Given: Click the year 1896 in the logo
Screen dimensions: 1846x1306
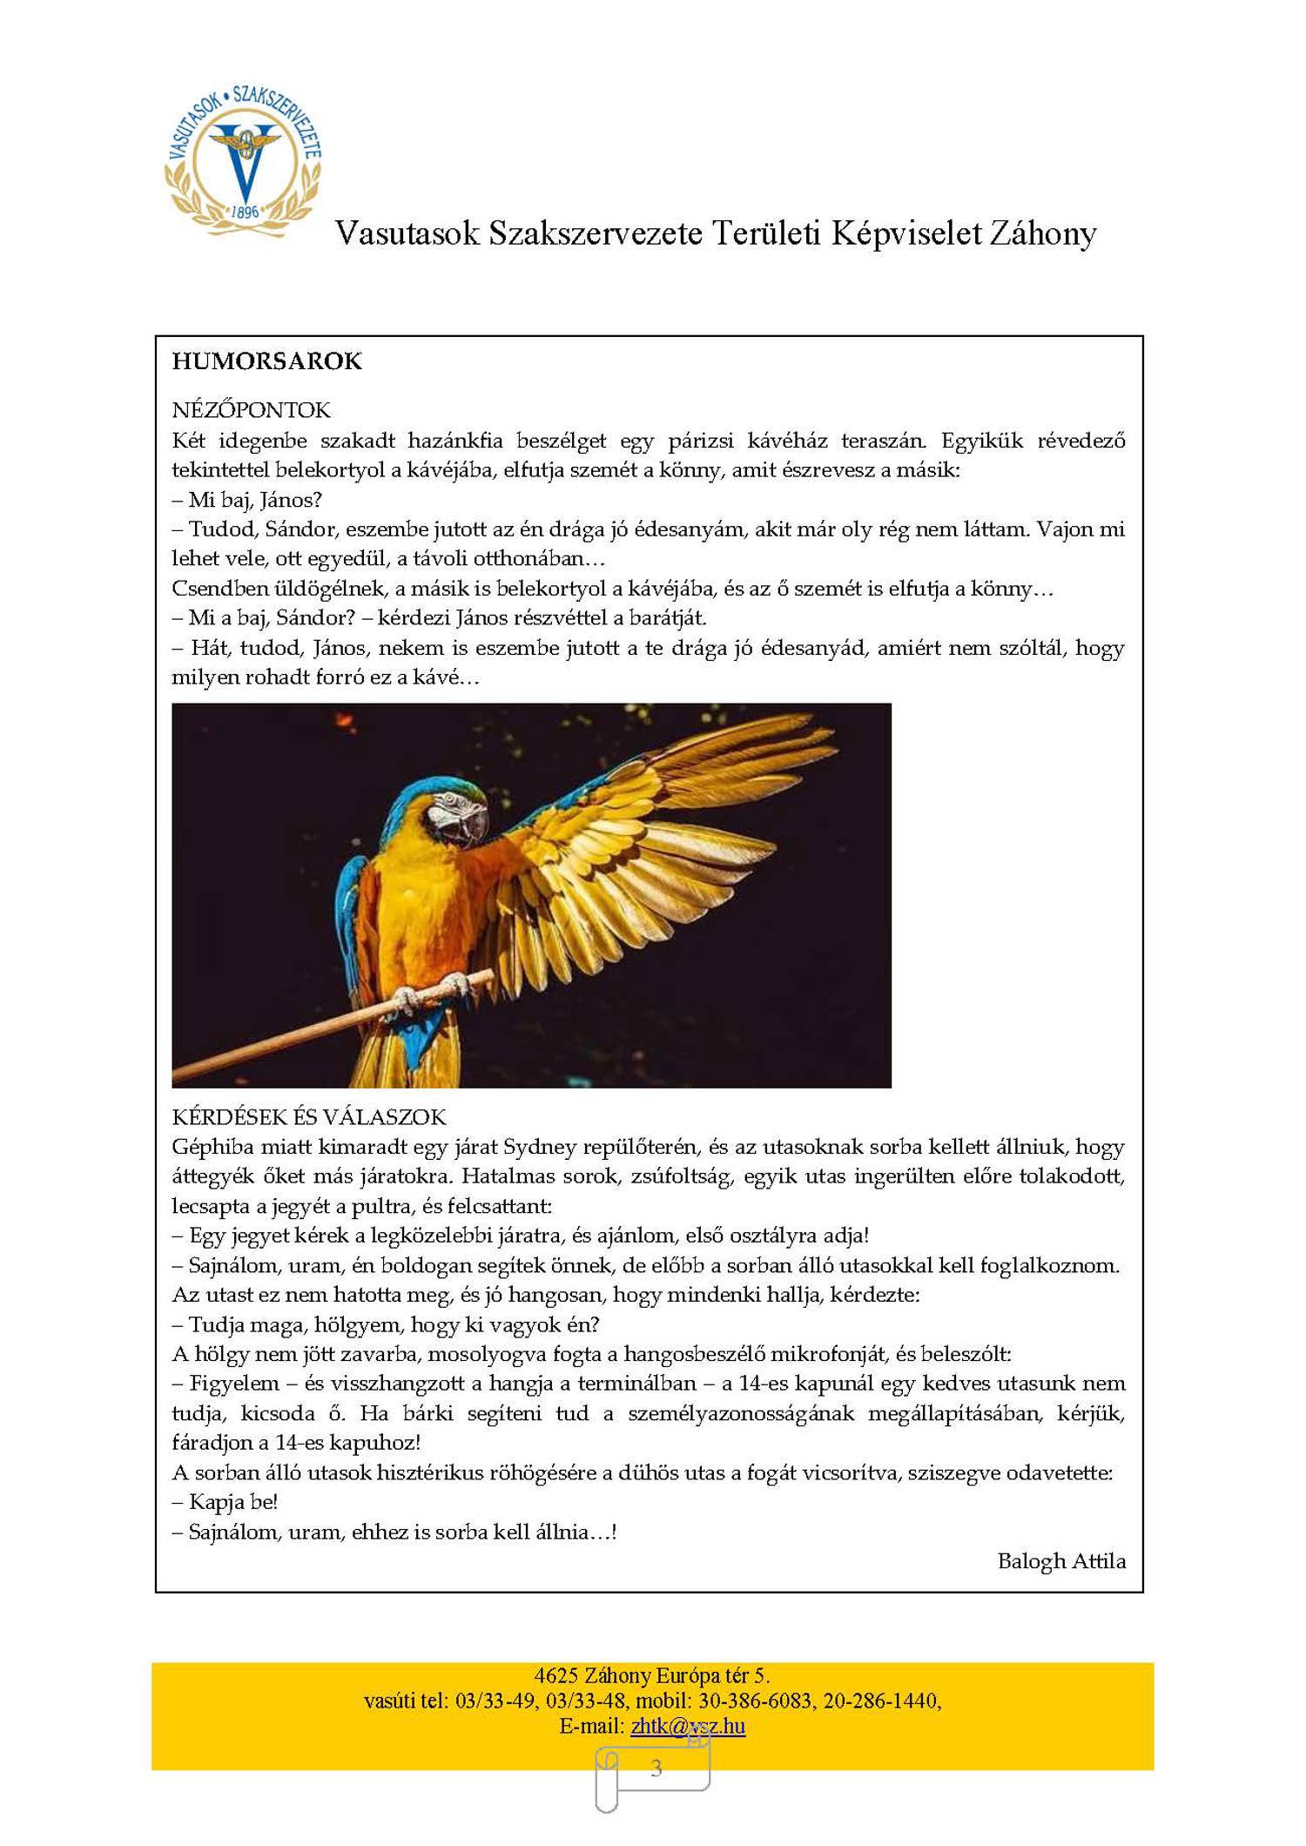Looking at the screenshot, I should (x=245, y=212).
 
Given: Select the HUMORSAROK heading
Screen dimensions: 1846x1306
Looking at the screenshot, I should (x=266, y=361).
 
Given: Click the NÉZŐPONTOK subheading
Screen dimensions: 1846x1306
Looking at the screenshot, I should (x=251, y=410).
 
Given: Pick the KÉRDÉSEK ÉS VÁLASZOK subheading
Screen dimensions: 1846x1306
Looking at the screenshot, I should (x=308, y=1117).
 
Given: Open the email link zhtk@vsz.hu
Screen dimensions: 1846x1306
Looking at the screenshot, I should (x=688, y=1726).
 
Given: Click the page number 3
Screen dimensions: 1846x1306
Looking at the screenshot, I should (x=656, y=1769).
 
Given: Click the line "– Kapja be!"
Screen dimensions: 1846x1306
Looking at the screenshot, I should (x=225, y=1502).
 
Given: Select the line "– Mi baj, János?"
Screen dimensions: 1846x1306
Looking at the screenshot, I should (x=247, y=500).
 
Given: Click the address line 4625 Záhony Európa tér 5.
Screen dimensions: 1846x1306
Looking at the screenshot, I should (x=652, y=1675).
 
